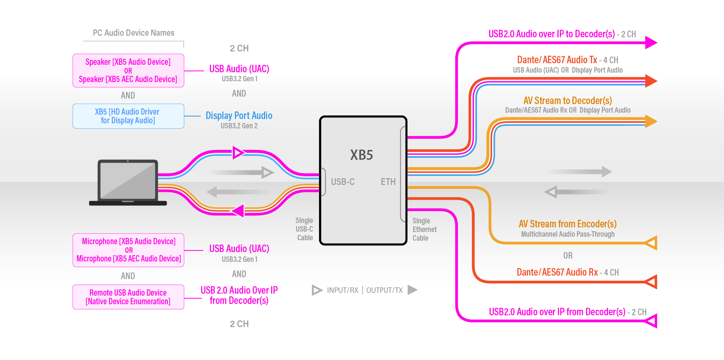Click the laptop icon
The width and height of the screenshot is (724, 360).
tap(128, 182)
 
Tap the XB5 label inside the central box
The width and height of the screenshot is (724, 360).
tap(361, 155)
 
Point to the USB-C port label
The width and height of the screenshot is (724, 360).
tap(343, 182)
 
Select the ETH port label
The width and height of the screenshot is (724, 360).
tap(388, 182)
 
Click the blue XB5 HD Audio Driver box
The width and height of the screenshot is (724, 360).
tap(128, 116)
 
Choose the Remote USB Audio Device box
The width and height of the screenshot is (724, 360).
tap(128, 297)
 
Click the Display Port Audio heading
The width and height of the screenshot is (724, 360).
tap(239, 115)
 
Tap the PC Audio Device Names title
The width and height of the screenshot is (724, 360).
tap(134, 33)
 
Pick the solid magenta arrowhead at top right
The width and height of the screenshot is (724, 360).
tap(651, 42)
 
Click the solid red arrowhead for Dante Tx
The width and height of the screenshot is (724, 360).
tap(651, 81)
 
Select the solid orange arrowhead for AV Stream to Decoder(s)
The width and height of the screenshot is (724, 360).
tap(651, 121)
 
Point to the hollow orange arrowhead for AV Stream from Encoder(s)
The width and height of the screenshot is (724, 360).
tap(651, 243)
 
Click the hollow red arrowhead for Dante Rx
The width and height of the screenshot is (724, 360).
tap(651, 282)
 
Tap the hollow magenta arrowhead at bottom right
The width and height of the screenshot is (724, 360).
tap(651, 321)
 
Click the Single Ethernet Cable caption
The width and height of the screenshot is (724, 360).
tap(424, 230)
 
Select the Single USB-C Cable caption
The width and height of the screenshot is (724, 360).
tap(304, 229)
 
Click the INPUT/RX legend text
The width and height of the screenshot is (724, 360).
tap(343, 290)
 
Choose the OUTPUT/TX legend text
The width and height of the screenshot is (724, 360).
tap(384, 290)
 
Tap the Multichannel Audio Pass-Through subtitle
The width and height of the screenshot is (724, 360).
tap(568, 234)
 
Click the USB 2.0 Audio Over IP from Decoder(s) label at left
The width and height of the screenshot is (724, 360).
tap(239, 295)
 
